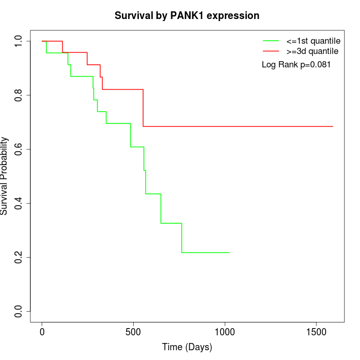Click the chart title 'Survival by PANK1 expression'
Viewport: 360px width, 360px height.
point(187,15)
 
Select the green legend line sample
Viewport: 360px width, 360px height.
point(271,41)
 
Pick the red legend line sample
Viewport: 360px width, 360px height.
point(271,51)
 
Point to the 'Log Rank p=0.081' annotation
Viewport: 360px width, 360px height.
point(296,65)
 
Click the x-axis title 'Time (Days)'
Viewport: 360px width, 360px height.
point(187,347)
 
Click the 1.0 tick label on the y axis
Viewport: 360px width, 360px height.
point(19,41)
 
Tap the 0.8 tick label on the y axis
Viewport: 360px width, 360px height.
point(19,95)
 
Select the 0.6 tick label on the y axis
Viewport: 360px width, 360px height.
point(19,149)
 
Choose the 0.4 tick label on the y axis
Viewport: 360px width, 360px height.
point(19,203)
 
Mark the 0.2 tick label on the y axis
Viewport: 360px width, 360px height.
point(19,257)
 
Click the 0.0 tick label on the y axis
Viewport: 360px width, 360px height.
point(19,311)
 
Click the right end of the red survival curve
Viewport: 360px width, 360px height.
point(333,126)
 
